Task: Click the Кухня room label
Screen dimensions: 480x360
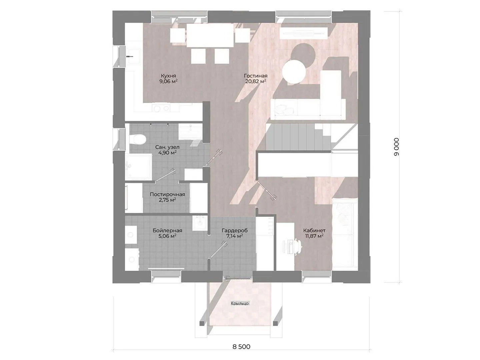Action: pos(168,76)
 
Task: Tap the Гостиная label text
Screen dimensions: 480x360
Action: pos(256,76)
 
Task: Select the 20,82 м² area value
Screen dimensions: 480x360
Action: pos(255,82)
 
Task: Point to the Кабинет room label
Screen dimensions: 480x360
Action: pos(314,230)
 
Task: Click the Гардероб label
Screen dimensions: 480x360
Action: pos(235,230)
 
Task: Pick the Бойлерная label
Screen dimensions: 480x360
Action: pos(167,230)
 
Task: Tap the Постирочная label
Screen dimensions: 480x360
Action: pos(167,194)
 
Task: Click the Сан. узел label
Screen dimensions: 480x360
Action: pos(167,147)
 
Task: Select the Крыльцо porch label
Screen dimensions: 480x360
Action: pos(240,303)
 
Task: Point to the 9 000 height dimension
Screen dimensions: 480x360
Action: pos(396,147)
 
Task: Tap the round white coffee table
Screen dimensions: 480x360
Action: pos(294,71)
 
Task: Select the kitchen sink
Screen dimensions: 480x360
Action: pos(134,56)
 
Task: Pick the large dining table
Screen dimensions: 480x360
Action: pos(210,35)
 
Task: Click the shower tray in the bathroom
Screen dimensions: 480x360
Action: pos(138,167)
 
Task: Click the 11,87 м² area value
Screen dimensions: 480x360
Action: pos(314,236)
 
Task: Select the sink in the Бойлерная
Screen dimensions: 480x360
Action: pos(200,223)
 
